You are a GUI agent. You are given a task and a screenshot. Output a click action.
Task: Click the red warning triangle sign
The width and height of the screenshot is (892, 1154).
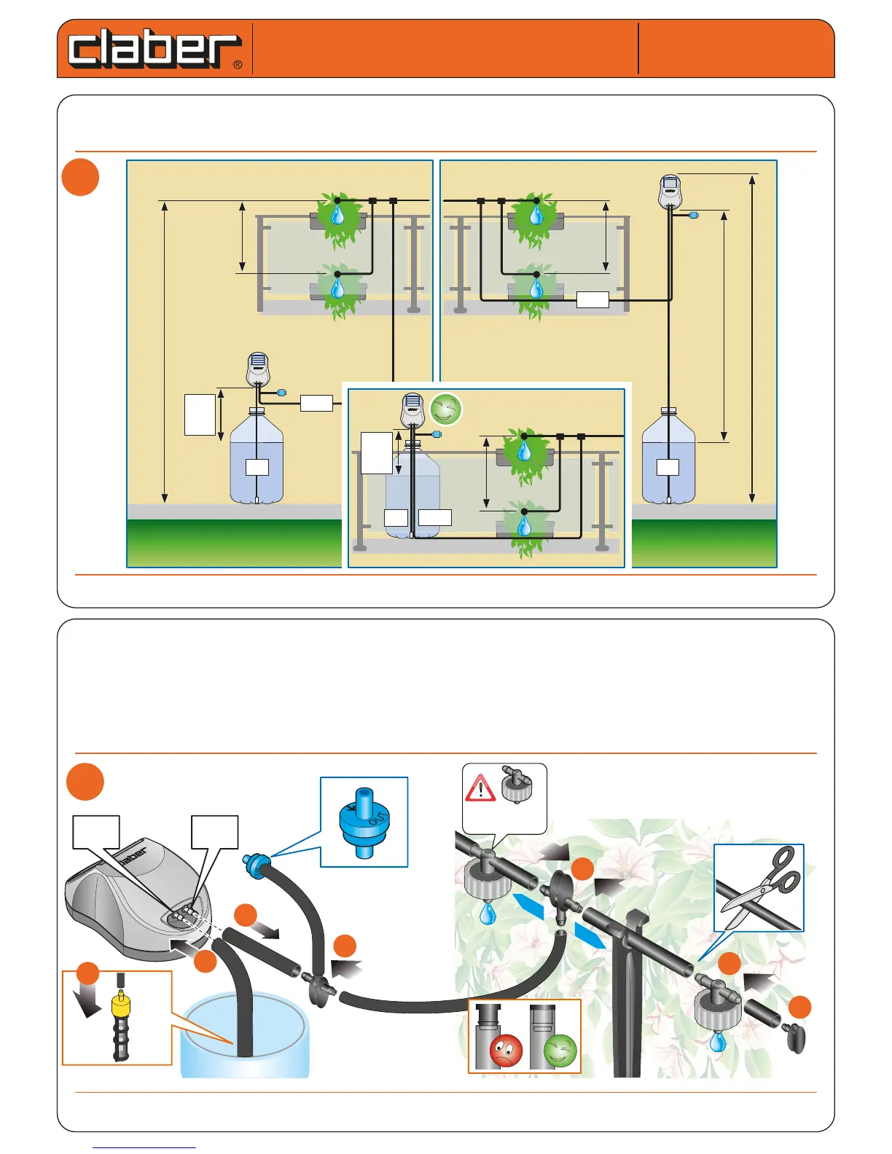(x=480, y=788)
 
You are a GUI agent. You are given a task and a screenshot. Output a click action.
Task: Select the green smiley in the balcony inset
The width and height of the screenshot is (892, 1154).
(x=446, y=409)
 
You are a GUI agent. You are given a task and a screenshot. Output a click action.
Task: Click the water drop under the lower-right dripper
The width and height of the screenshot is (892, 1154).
(x=718, y=1041)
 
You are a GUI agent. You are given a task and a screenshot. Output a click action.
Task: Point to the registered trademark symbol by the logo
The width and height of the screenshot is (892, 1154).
(x=238, y=65)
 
